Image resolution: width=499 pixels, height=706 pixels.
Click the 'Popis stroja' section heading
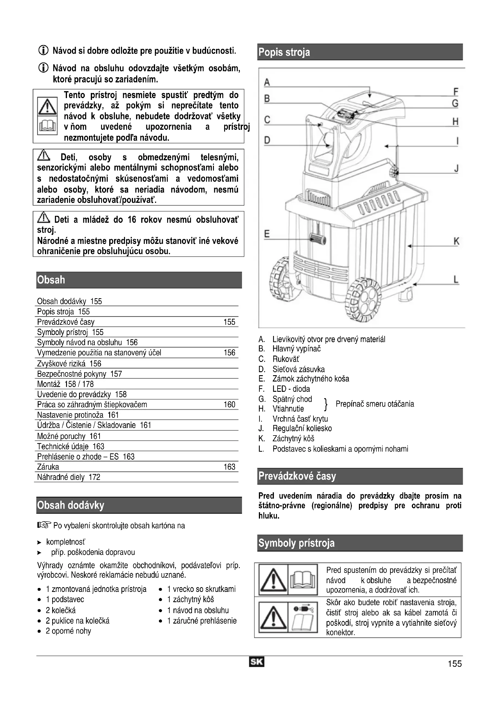click(284, 52)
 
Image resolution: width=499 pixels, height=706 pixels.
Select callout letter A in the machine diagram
click(267, 82)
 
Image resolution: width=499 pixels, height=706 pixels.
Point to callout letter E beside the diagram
click(267, 234)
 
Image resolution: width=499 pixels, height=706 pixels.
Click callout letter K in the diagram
click(456, 241)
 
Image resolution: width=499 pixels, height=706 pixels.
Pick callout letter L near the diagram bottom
click(456, 280)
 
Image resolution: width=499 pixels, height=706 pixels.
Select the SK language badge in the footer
click(256, 662)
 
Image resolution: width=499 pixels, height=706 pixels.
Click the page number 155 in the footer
click(454, 663)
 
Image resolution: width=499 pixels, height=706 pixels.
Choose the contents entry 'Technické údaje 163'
click(71, 446)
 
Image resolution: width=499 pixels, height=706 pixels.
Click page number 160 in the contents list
click(229, 404)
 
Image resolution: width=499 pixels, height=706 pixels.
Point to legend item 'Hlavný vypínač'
click(296, 349)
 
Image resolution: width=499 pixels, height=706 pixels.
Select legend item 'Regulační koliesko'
click(302, 428)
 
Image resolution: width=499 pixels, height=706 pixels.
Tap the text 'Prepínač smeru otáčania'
click(375, 404)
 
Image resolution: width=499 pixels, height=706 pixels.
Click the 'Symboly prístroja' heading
click(296, 543)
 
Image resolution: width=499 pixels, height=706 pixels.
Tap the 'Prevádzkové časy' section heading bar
click(360, 476)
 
